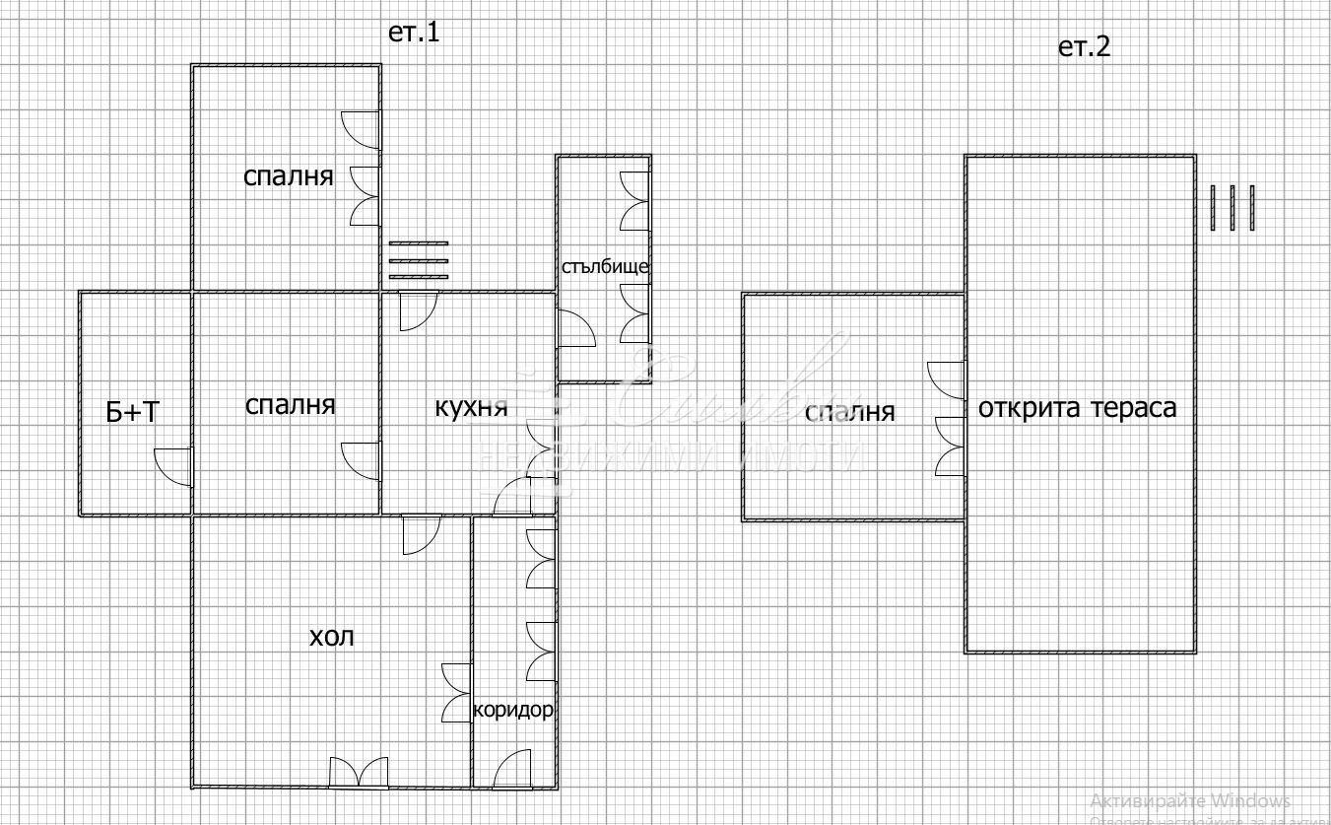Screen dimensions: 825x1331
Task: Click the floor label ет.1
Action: (x=414, y=32)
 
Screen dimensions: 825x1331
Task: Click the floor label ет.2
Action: (x=1084, y=47)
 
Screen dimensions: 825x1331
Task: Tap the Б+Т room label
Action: (x=132, y=412)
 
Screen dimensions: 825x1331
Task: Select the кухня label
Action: (x=471, y=406)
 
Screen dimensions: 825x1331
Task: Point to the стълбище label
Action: (x=605, y=266)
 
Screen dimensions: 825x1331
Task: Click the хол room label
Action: (x=332, y=636)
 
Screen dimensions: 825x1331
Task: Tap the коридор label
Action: (x=513, y=710)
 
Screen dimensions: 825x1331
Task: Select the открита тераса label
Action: (x=1077, y=407)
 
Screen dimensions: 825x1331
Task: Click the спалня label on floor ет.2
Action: (x=849, y=411)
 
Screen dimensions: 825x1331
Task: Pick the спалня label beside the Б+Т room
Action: (x=290, y=404)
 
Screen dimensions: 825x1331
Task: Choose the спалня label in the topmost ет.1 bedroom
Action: (x=288, y=176)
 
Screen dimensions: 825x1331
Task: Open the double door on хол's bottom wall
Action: (x=359, y=773)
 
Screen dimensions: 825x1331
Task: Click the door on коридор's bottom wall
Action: (x=513, y=770)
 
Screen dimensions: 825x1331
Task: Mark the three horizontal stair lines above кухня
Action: (x=418, y=260)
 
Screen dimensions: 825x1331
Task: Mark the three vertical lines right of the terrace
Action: (x=1232, y=208)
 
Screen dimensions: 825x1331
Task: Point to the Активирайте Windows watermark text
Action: (x=1190, y=800)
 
